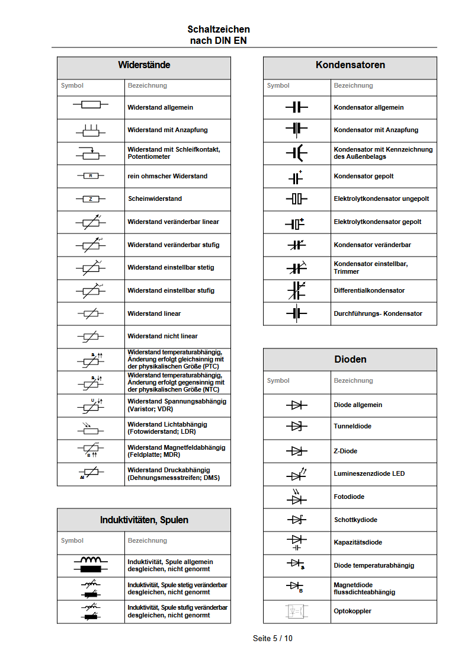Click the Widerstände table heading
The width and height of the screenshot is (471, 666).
point(144,65)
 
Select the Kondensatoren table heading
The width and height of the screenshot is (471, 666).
point(350,65)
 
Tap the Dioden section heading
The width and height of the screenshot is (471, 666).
point(350,359)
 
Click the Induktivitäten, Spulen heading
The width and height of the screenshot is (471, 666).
point(144,520)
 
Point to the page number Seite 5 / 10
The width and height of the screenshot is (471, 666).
point(273,638)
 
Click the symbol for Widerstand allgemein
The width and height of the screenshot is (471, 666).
point(91,105)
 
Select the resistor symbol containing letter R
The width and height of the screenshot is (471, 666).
point(91,176)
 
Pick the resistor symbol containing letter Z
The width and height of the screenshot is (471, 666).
point(91,199)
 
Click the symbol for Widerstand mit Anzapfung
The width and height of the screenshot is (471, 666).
point(91,130)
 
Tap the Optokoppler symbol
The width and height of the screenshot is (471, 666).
point(296,611)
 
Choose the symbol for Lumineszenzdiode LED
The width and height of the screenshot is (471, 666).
point(296,474)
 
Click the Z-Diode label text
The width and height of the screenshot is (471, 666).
point(345,451)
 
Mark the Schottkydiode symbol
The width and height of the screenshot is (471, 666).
point(296,520)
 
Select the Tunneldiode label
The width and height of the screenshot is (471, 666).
point(353,426)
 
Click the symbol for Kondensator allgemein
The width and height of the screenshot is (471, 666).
point(296,107)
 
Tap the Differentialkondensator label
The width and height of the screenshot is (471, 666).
point(369,290)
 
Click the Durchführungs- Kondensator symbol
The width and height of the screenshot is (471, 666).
point(296,313)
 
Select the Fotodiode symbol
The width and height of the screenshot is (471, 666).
point(296,497)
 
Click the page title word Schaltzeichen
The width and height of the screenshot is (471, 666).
point(219,29)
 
